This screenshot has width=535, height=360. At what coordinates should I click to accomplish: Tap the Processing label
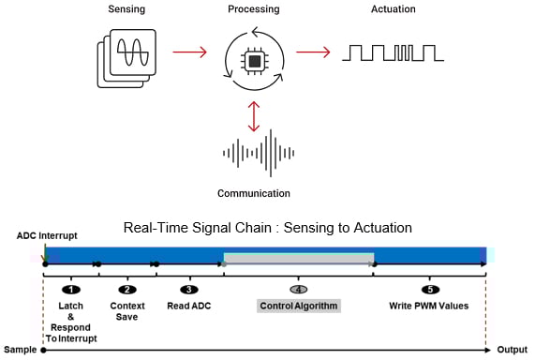[254, 8]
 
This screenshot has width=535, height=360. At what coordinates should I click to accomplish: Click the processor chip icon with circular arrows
[254, 60]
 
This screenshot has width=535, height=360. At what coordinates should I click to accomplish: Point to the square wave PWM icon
[387, 52]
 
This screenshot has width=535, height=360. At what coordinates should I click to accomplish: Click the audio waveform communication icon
[254, 153]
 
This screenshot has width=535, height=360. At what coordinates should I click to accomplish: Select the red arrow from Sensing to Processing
[190, 52]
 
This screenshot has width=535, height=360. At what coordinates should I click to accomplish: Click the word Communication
[254, 194]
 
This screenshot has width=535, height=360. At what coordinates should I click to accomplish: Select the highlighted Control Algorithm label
[299, 306]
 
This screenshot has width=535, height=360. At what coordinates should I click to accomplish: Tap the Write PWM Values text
[429, 306]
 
